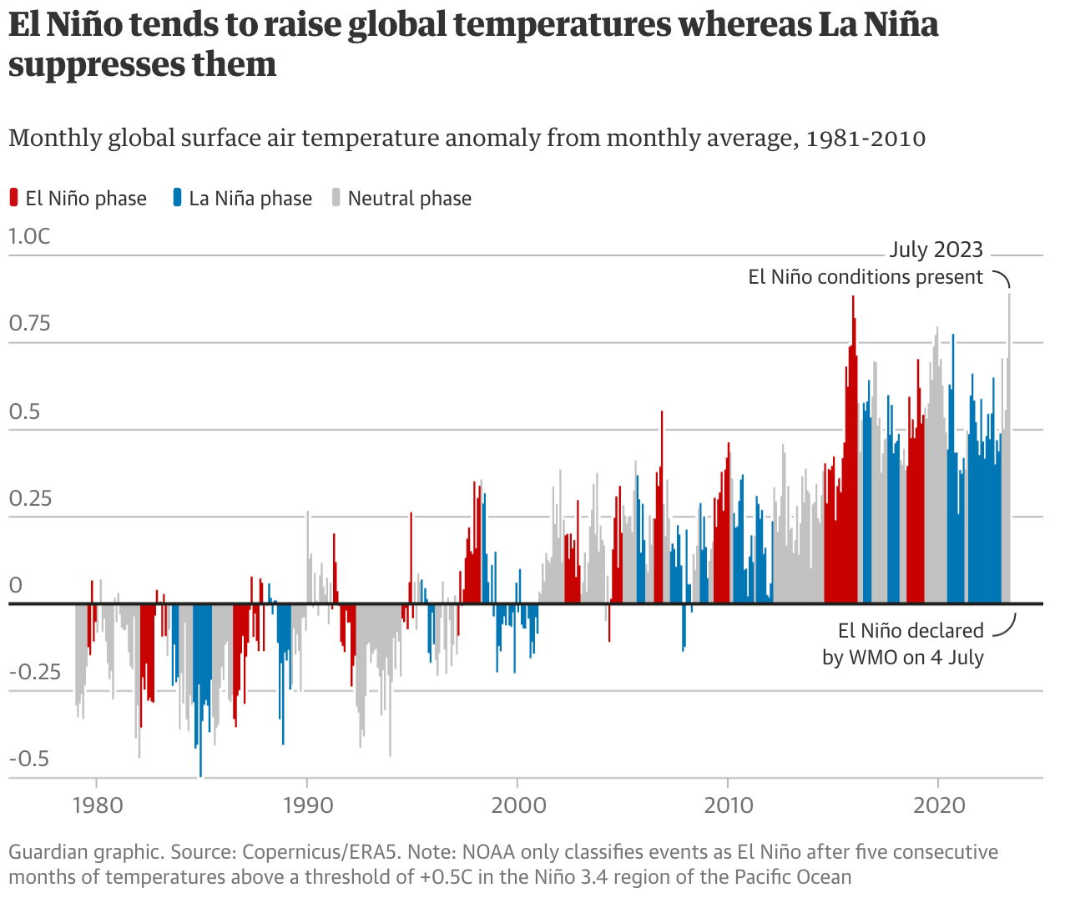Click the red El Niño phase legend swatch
click(13, 198)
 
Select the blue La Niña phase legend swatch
click(177, 198)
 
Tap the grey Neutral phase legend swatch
click(336, 198)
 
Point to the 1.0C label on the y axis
click(29, 236)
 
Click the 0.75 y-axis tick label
click(29, 323)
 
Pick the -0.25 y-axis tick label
click(35, 672)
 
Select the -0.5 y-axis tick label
click(29, 759)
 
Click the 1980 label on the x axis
click(98, 805)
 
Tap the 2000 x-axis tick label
click(518, 805)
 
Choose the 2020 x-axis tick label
click(939, 805)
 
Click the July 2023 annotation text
click(936, 250)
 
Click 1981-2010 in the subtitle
click(865, 138)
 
